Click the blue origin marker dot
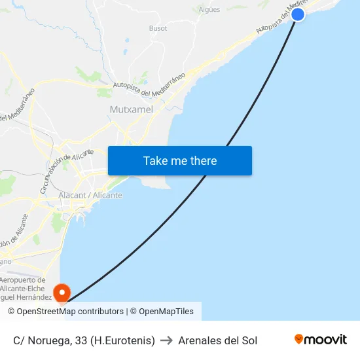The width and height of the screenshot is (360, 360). coord(298,14)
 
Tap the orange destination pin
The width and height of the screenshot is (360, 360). coord(62,292)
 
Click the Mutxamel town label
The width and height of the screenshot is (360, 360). coord(132,109)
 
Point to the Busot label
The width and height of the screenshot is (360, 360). coord(158,28)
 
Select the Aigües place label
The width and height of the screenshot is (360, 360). coord(209,9)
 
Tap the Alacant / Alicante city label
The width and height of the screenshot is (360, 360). coord(90,195)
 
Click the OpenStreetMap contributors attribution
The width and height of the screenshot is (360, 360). coord(69,312)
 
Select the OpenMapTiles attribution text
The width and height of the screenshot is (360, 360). coord(166,312)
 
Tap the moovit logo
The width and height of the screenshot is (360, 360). coord(320,339)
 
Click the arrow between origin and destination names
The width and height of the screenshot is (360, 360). coord(166,340)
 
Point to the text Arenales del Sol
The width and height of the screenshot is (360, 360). coord(217,340)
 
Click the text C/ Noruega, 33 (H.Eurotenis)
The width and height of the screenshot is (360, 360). coord(84,340)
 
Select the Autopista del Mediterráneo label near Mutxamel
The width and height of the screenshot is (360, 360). coord(149,84)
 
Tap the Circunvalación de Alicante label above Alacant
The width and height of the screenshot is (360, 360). coord(66,170)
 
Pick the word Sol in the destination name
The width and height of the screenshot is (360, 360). coord(249,340)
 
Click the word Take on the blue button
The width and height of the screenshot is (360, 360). coord(155,161)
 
